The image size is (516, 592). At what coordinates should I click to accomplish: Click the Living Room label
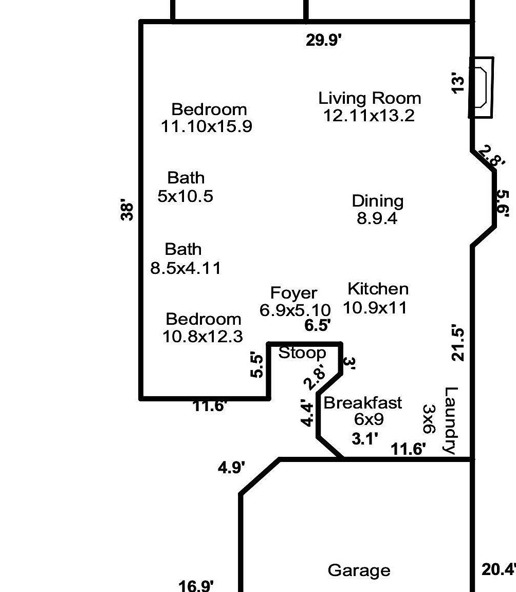pyautogui.click(x=370, y=98)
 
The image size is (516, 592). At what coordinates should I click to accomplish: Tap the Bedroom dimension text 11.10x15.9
pyautogui.click(x=207, y=126)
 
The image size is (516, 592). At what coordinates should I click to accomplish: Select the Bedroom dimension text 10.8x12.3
pyautogui.click(x=202, y=337)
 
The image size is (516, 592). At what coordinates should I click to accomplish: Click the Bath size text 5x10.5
pyautogui.click(x=185, y=196)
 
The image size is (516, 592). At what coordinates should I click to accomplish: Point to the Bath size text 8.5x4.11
pyautogui.click(x=186, y=268)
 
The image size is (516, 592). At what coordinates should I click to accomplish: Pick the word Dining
pyautogui.click(x=377, y=201)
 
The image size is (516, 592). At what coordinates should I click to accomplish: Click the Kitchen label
pyautogui.click(x=378, y=289)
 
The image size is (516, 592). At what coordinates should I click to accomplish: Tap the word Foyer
pyautogui.click(x=293, y=293)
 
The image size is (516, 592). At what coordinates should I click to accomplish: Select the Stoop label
pyautogui.click(x=302, y=353)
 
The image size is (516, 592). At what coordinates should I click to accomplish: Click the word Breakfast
pyautogui.click(x=363, y=403)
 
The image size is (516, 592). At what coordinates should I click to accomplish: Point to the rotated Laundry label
pyautogui.click(x=450, y=420)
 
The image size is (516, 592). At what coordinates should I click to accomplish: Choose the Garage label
pyautogui.click(x=359, y=570)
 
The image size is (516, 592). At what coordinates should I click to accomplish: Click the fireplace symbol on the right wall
pyautogui.click(x=482, y=87)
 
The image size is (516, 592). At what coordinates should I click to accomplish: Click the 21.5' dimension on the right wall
pyautogui.click(x=457, y=343)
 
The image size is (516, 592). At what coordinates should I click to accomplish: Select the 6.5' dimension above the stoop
pyautogui.click(x=317, y=325)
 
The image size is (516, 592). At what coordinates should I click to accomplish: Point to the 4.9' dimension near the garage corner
pyautogui.click(x=232, y=468)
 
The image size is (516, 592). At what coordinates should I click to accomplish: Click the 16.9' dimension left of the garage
pyautogui.click(x=196, y=585)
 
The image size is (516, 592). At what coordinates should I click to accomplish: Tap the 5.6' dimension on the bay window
pyautogui.click(x=502, y=203)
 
